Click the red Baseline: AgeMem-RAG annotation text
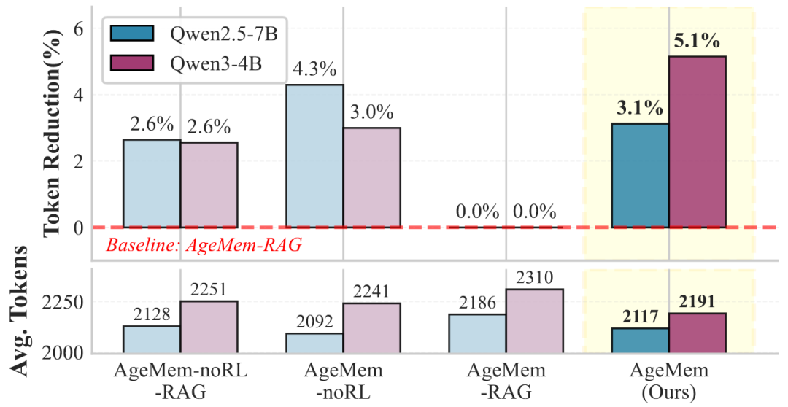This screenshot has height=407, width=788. [x=204, y=245]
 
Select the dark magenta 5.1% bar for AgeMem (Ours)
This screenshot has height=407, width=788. [x=697, y=142]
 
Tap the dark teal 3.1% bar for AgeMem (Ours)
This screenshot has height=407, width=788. [x=640, y=175]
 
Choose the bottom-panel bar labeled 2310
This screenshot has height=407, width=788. [x=534, y=321]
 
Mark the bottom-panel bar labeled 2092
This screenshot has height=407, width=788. [x=314, y=343]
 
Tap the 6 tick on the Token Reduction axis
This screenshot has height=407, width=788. [x=80, y=28]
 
